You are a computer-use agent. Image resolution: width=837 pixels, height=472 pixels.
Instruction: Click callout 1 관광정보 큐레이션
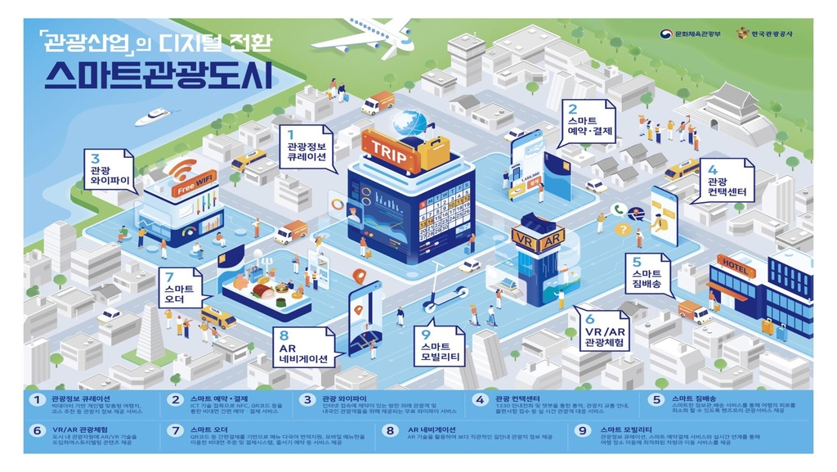(x=307, y=147)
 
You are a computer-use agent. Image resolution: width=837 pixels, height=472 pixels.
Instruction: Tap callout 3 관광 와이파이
(x=107, y=168)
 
